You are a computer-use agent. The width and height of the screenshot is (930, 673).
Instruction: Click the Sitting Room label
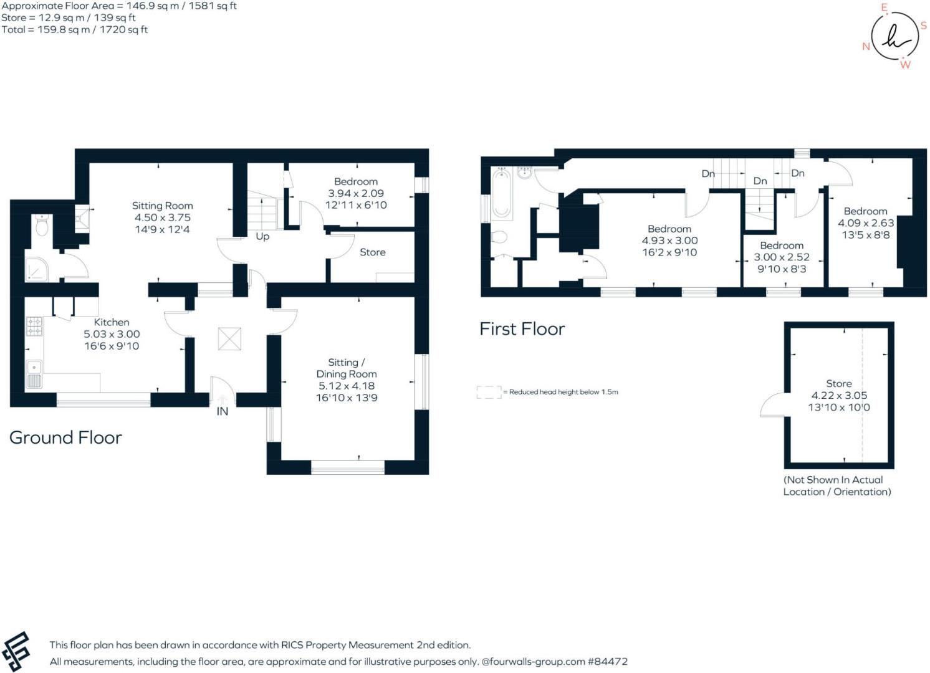(162, 206)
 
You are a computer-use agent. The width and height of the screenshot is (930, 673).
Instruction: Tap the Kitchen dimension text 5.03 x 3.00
(112, 334)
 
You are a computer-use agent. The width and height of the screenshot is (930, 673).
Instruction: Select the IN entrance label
(223, 411)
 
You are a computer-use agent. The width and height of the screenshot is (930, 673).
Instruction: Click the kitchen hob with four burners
(34, 326)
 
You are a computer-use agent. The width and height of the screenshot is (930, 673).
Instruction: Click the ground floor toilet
(42, 226)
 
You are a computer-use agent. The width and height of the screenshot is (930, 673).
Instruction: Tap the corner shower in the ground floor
(36, 269)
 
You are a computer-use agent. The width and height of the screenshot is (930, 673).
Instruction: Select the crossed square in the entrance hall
(229, 339)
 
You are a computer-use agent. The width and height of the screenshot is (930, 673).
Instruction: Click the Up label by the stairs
(262, 237)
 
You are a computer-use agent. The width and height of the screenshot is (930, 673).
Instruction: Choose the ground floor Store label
(372, 252)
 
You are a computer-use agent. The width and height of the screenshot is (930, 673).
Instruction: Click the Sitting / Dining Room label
(346, 368)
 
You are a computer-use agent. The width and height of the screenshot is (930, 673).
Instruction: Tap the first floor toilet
(499, 237)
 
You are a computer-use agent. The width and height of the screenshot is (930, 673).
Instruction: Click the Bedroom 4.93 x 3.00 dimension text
(669, 241)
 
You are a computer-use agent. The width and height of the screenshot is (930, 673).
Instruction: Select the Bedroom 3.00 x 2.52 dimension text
(782, 257)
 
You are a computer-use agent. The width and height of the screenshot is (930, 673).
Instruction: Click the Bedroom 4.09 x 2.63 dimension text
(865, 223)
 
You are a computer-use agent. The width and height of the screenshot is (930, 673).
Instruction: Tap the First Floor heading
(522, 329)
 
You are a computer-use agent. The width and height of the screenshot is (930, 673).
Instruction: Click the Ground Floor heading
(65, 437)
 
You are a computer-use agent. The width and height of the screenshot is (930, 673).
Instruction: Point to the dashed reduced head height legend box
(489, 392)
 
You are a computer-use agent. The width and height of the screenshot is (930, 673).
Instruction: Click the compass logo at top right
(894, 37)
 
